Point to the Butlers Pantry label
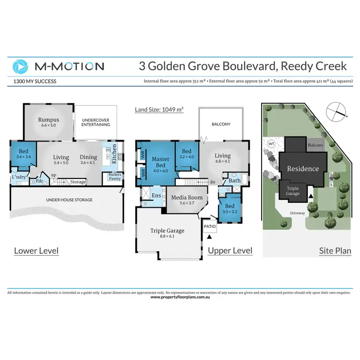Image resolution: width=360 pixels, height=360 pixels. pos(115,176)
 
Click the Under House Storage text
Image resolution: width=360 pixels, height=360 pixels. pos(70,199)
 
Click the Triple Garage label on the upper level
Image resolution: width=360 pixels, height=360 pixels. pos(168,230)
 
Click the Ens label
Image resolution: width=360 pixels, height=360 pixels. pos(156,195)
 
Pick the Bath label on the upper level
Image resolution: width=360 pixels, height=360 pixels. pos(235,180)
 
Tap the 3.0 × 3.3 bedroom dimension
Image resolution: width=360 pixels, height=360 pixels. pos(228,211)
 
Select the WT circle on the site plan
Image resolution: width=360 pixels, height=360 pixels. pos(271,143)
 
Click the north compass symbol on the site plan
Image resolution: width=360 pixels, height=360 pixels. pos(336,112)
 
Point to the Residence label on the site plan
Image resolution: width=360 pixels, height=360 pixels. pos(303,168)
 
